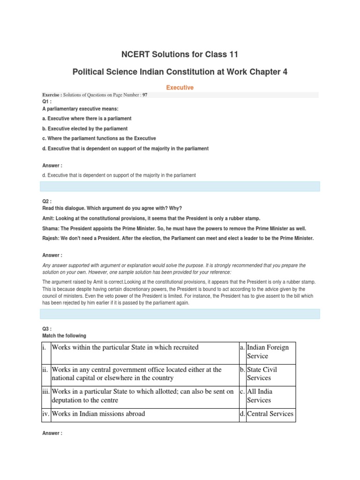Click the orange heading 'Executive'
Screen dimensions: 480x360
pyautogui.click(x=180, y=87)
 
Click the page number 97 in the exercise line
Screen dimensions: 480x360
pyautogui.click(x=145, y=95)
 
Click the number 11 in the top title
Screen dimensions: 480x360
pyautogui.click(x=233, y=54)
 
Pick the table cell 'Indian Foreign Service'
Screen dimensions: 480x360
pyautogui.click(x=268, y=352)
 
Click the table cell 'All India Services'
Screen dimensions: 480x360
pyautogui.click(x=260, y=396)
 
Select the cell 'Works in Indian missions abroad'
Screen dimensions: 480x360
pyautogui.click(x=98, y=413)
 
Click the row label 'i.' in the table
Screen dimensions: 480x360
pyautogui.click(x=45, y=347)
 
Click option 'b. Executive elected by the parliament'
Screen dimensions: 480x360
pyautogui.click(x=85, y=128)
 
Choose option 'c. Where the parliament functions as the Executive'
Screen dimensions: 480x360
pyautogui.click(x=99, y=139)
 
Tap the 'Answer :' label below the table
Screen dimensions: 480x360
pyautogui.click(x=52, y=434)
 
